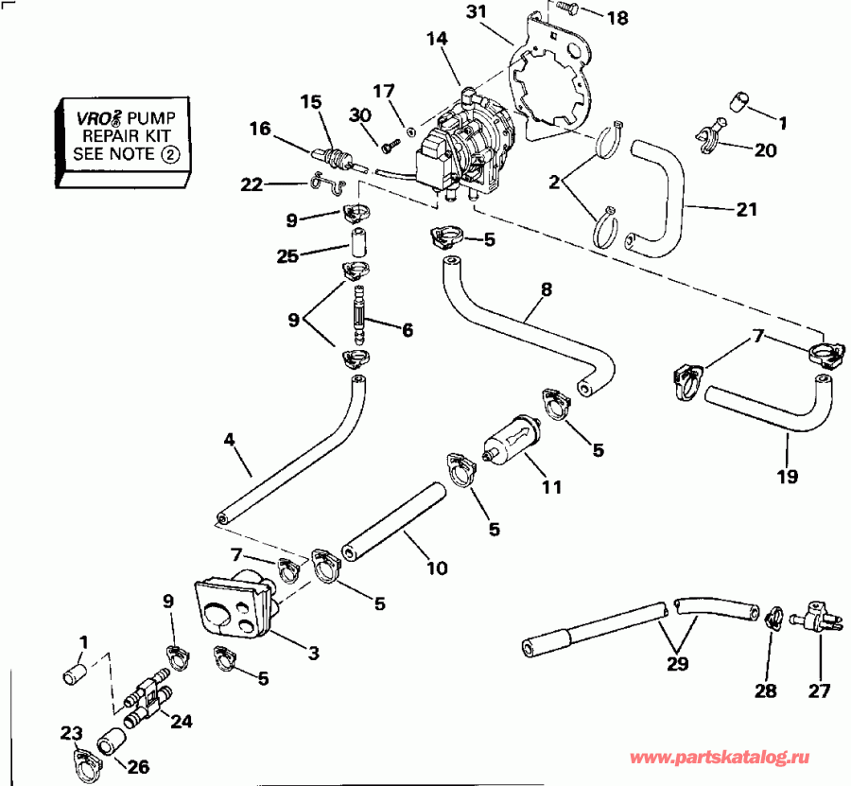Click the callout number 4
[x=229, y=439]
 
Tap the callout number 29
[x=679, y=662]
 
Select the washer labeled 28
[x=770, y=616]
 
